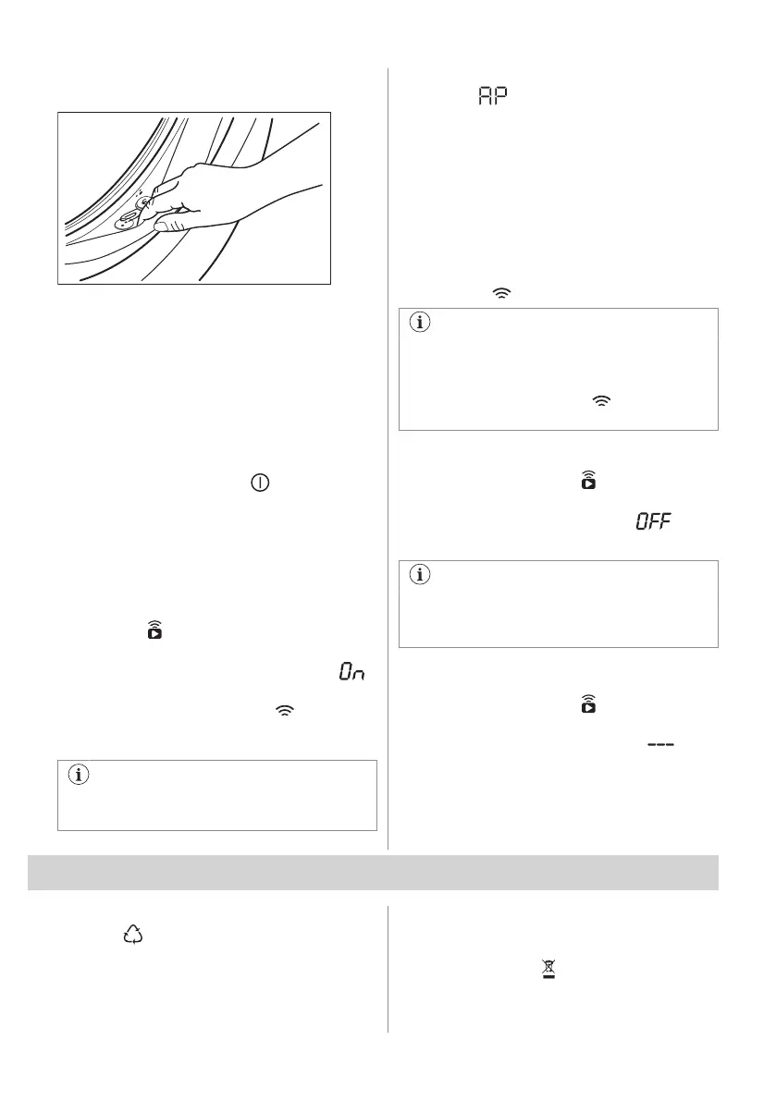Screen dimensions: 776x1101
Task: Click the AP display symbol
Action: [x=495, y=96]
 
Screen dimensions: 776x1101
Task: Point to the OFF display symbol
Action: [x=653, y=523]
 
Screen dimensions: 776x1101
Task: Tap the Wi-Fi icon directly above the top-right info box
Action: [x=500, y=292]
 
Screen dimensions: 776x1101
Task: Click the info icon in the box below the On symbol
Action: [x=78, y=776]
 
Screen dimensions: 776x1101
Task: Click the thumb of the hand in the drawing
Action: [x=166, y=225]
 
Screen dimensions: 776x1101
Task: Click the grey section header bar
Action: [x=374, y=873]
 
